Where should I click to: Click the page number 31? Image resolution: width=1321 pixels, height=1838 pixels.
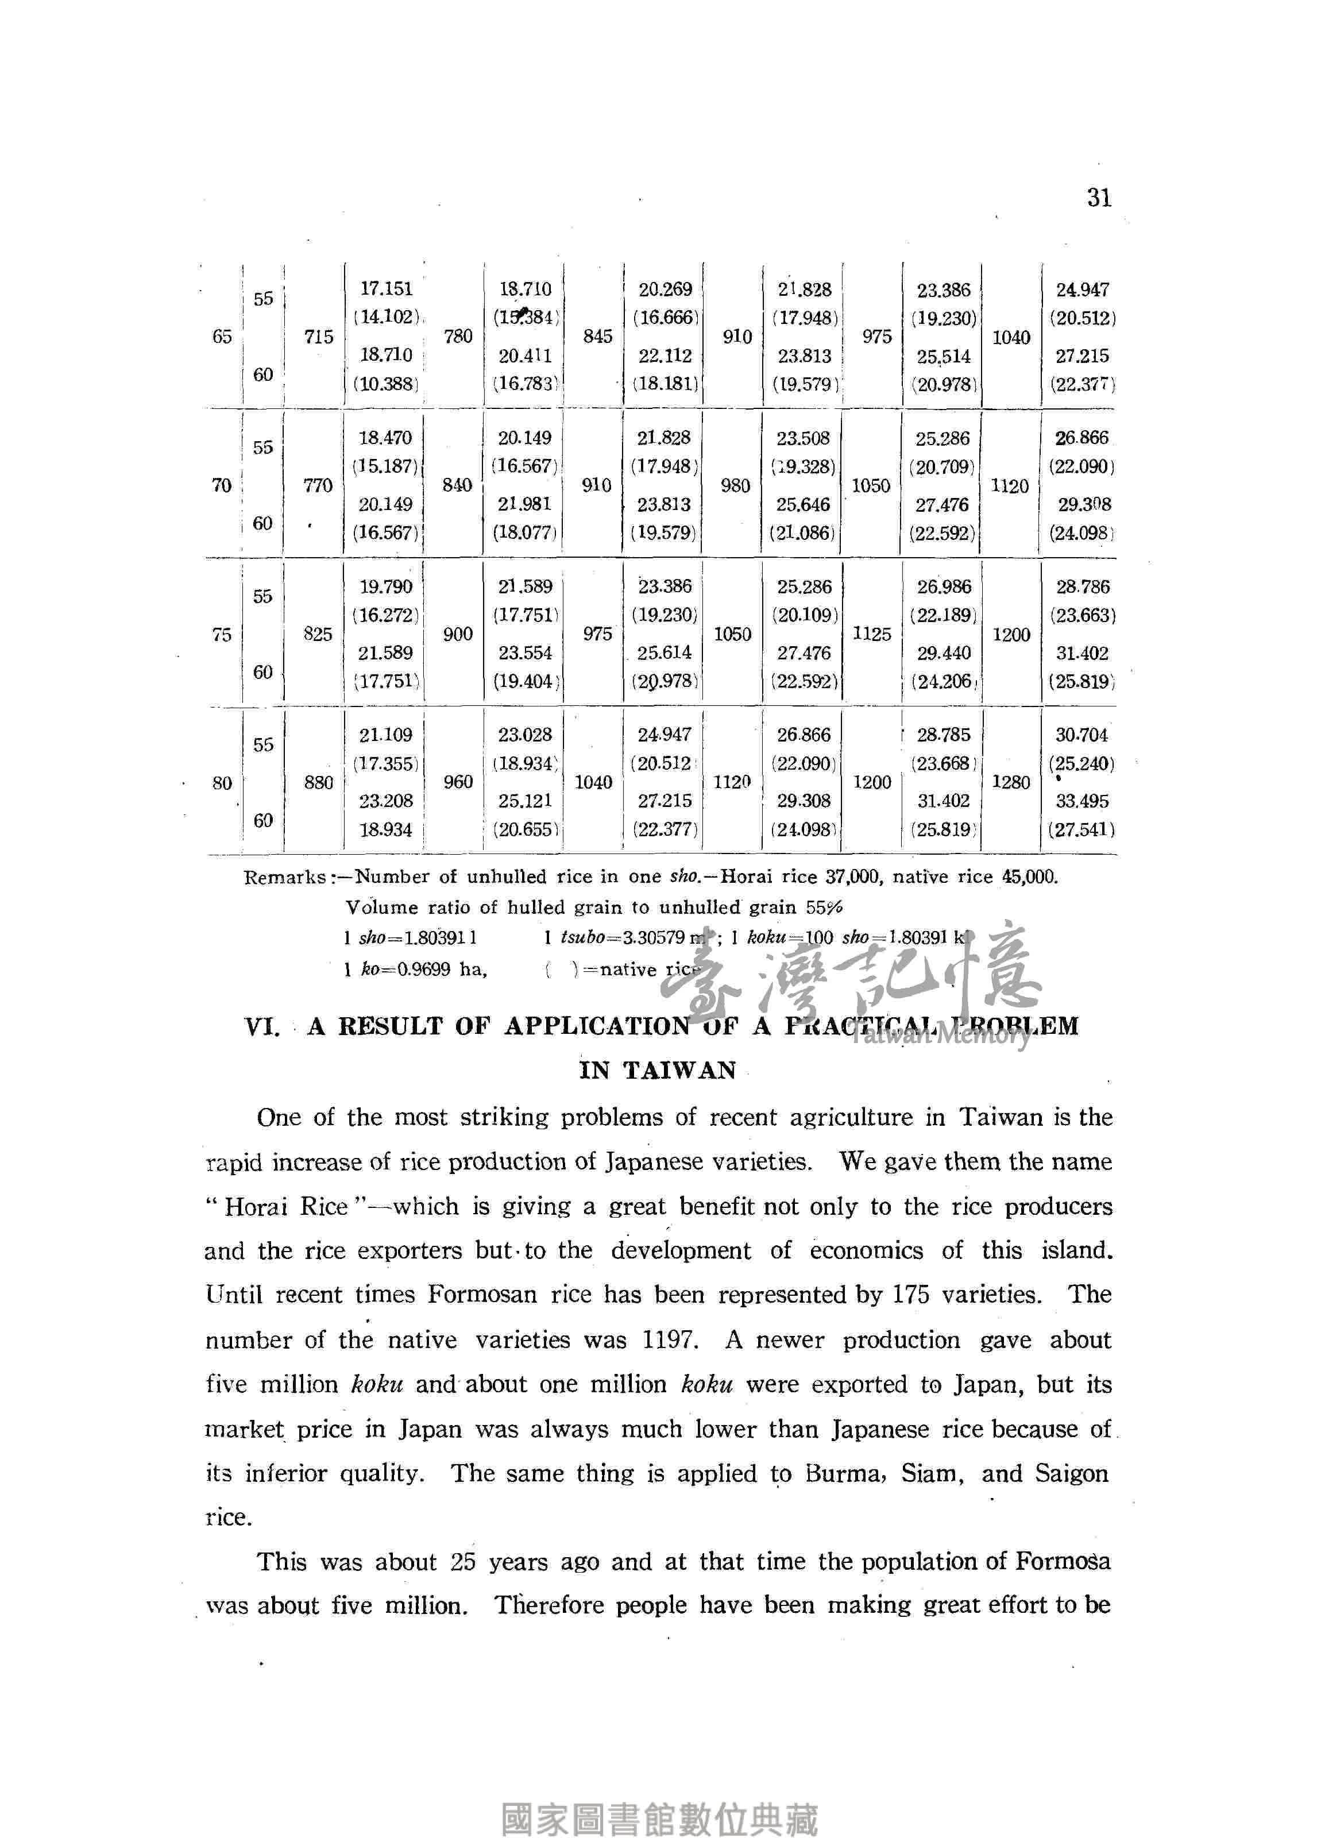point(1099,198)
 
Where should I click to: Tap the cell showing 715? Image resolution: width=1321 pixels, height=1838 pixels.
point(319,337)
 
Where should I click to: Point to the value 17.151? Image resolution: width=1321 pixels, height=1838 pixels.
point(387,288)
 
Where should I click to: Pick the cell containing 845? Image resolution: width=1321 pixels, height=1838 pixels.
point(597,337)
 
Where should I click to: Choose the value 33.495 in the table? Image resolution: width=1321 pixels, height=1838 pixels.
point(1082,801)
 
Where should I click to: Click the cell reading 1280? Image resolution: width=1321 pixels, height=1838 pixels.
point(1011,782)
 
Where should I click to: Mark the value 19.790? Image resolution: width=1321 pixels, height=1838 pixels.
point(387,586)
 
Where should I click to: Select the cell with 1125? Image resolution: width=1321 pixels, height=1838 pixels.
point(872,634)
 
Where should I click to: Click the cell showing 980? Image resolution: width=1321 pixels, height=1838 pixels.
point(735,485)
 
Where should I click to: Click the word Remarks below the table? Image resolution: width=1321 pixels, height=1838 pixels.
point(284,877)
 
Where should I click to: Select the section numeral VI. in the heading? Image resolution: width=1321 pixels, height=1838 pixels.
point(262,1027)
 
